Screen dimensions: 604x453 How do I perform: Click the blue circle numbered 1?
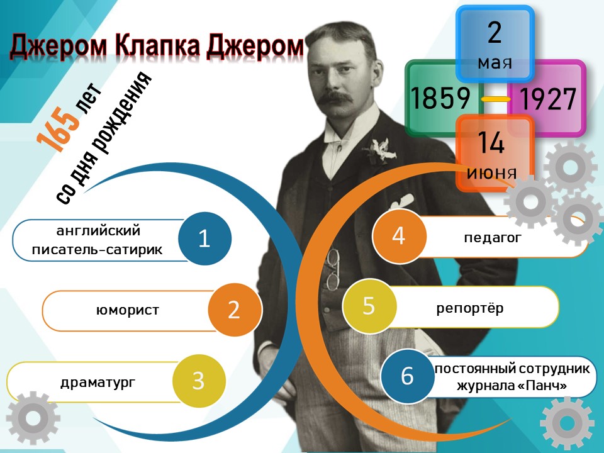204,238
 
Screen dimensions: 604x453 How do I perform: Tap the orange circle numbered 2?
235,310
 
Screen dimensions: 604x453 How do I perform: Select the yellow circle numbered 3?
199,381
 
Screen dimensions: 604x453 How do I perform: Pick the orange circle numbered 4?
400,236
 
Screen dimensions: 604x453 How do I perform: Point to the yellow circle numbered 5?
369,306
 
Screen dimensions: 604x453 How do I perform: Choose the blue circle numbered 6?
408,376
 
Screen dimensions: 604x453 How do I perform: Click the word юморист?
128,310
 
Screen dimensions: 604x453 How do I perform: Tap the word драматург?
98,383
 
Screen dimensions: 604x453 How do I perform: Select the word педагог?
492,238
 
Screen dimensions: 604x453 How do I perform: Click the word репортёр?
470,308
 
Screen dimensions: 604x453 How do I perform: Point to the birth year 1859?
440,98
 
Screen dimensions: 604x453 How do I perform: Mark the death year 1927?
548,99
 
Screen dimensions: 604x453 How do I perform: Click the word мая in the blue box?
495,63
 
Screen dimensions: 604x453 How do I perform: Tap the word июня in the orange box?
491,172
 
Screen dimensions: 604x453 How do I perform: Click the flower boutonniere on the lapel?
380,152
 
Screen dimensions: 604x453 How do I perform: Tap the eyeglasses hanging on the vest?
332,270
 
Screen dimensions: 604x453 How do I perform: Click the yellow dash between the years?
496,99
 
